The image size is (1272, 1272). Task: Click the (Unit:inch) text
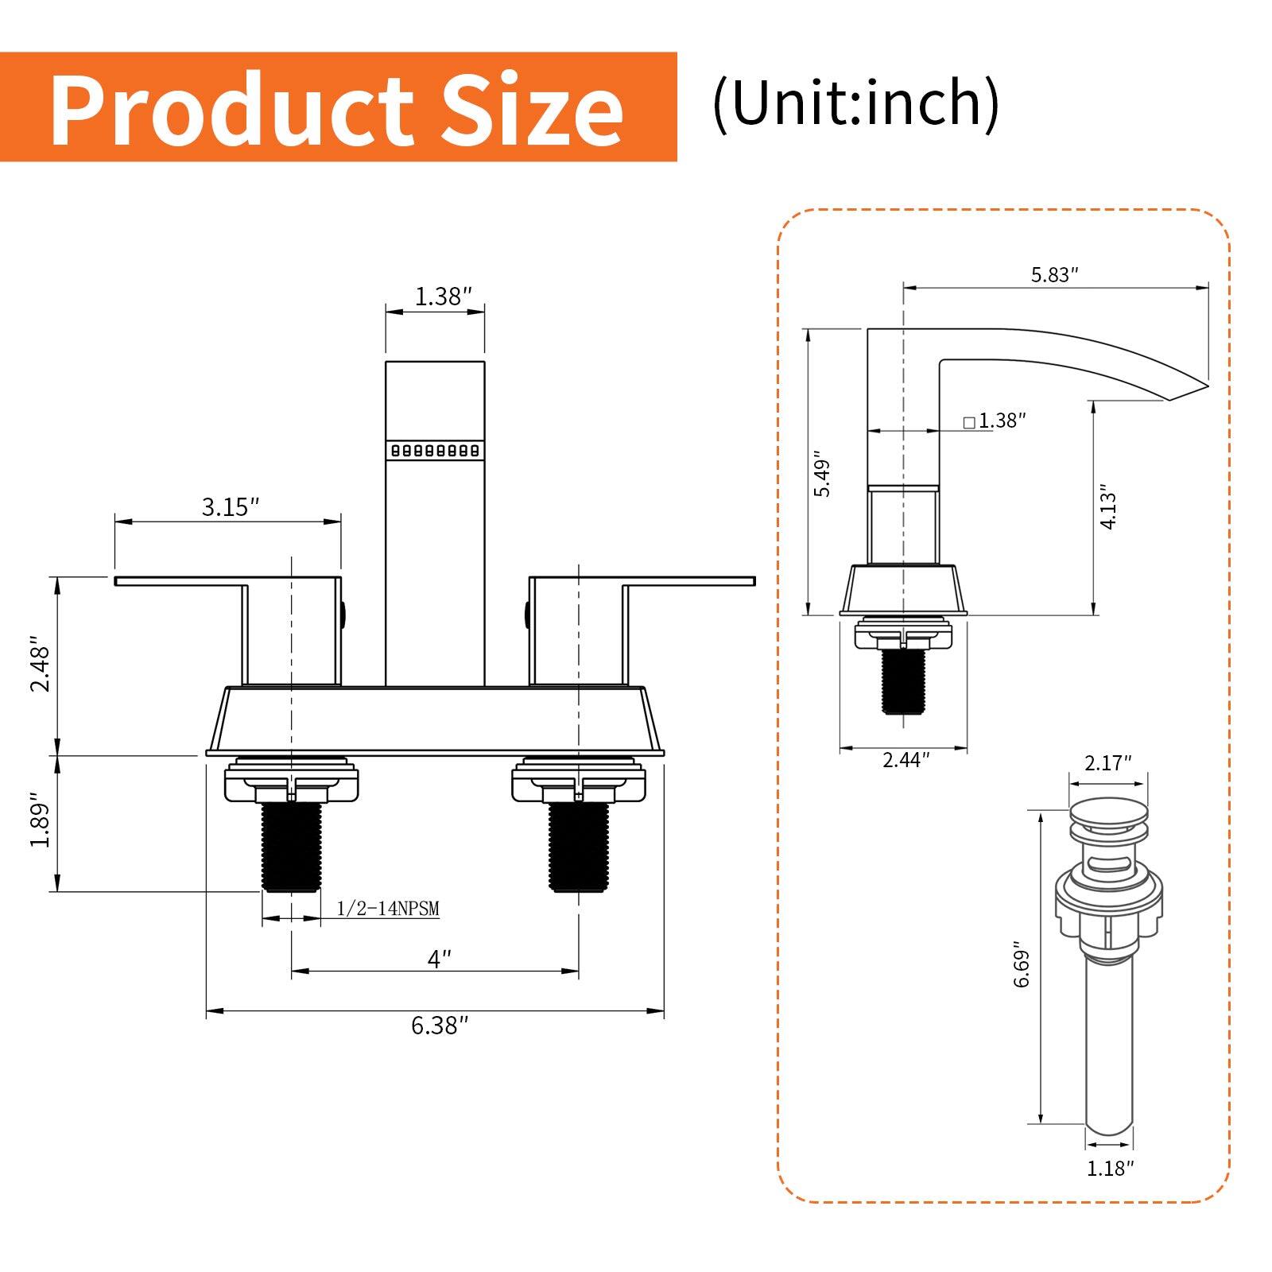855,104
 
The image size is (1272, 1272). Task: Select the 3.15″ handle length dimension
231,506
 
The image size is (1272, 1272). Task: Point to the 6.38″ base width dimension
435,1026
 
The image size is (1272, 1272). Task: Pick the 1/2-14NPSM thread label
388,909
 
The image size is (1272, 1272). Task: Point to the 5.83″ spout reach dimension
1054,275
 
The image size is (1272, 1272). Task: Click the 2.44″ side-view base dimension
906,760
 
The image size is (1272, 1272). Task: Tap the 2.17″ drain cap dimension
1108,763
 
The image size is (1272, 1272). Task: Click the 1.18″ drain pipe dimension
1110,1168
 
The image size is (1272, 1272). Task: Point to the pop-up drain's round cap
1108,813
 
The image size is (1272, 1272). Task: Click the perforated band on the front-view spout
435,450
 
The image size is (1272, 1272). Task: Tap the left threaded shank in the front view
291,847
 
